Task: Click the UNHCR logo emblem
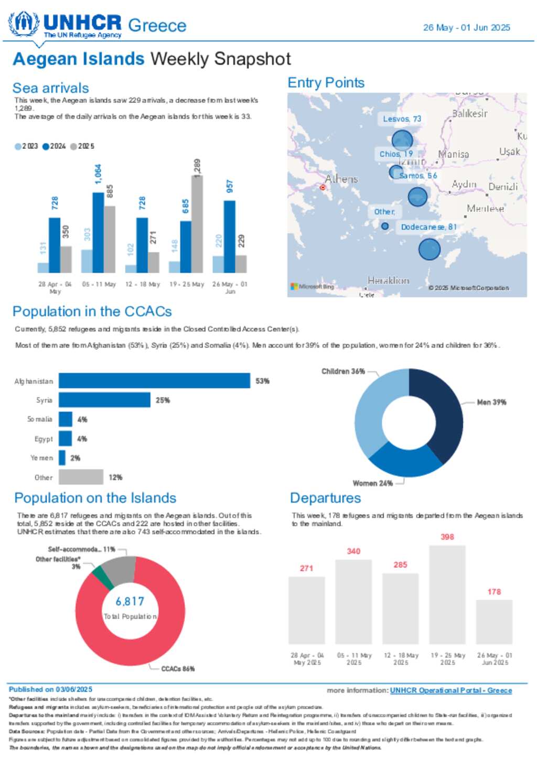(24, 24)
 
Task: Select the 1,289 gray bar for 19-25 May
(197, 223)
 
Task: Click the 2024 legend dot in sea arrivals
(46, 146)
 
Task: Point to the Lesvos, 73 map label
(402, 119)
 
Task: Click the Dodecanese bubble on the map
(429, 249)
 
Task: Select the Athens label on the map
(341, 179)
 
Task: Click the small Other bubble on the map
(385, 226)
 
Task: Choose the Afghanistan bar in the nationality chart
(154, 381)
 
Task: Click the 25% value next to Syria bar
(163, 400)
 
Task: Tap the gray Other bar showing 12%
(81, 477)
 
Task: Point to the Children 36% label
(343, 371)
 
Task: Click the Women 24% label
(372, 483)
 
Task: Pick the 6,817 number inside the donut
(130, 602)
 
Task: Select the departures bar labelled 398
(447, 595)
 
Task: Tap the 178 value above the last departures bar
(494, 592)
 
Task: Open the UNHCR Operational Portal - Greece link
(450, 690)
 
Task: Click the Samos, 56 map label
(418, 176)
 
